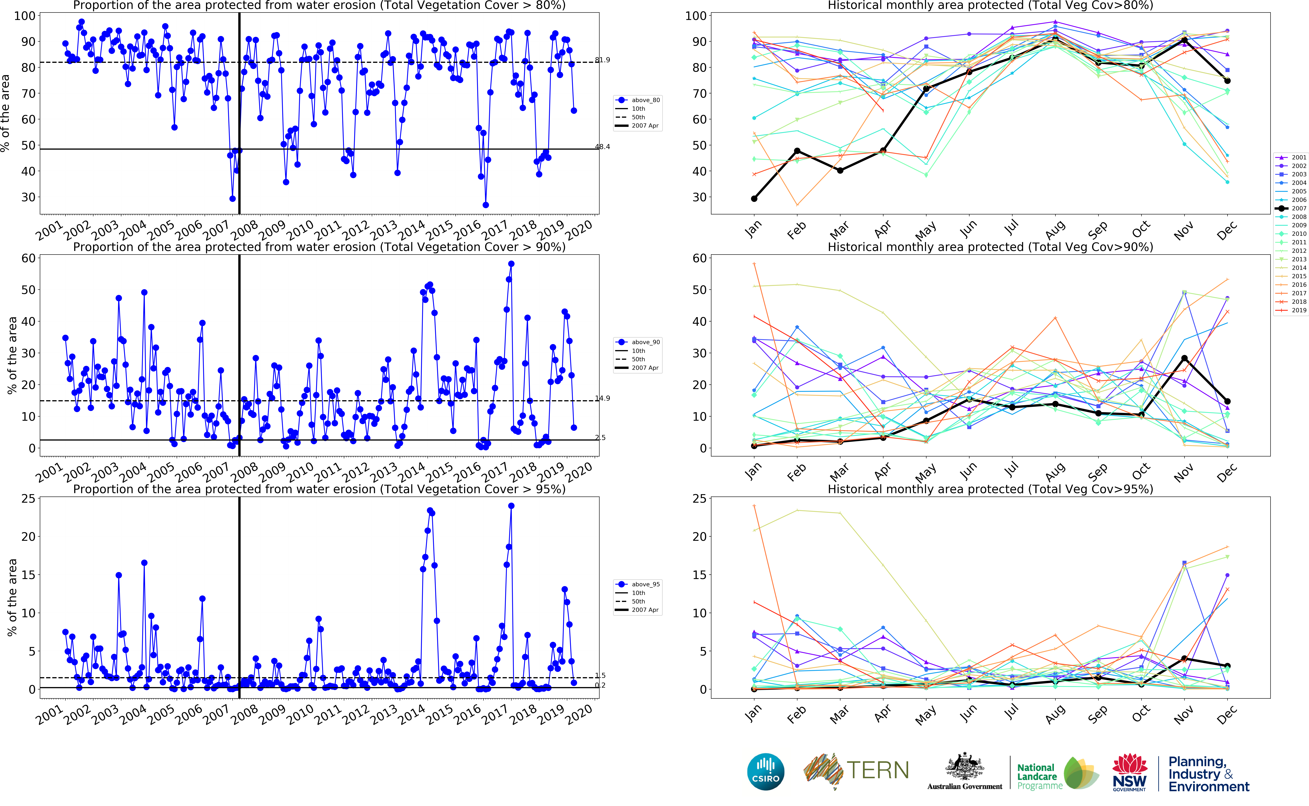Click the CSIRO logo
click(x=766, y=771)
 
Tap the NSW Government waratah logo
click(x=1129, y=771)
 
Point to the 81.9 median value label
click(x=602, y=60)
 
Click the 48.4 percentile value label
click(x=602, y=147)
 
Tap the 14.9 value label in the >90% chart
click(x=602, y=398)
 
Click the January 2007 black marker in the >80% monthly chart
click(x=754, y=199)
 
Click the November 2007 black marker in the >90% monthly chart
click(x=1184, y=358)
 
